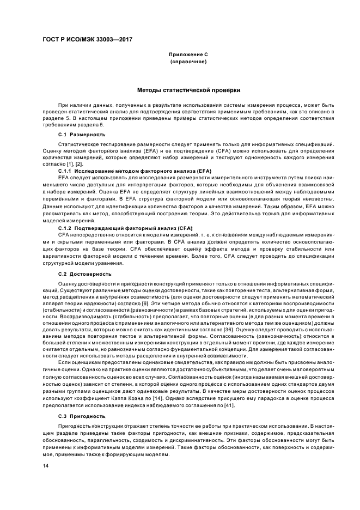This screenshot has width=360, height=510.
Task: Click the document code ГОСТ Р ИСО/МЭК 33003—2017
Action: click(x=87, y=40)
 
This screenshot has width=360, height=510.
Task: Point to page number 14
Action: click(x=46, y=466)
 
